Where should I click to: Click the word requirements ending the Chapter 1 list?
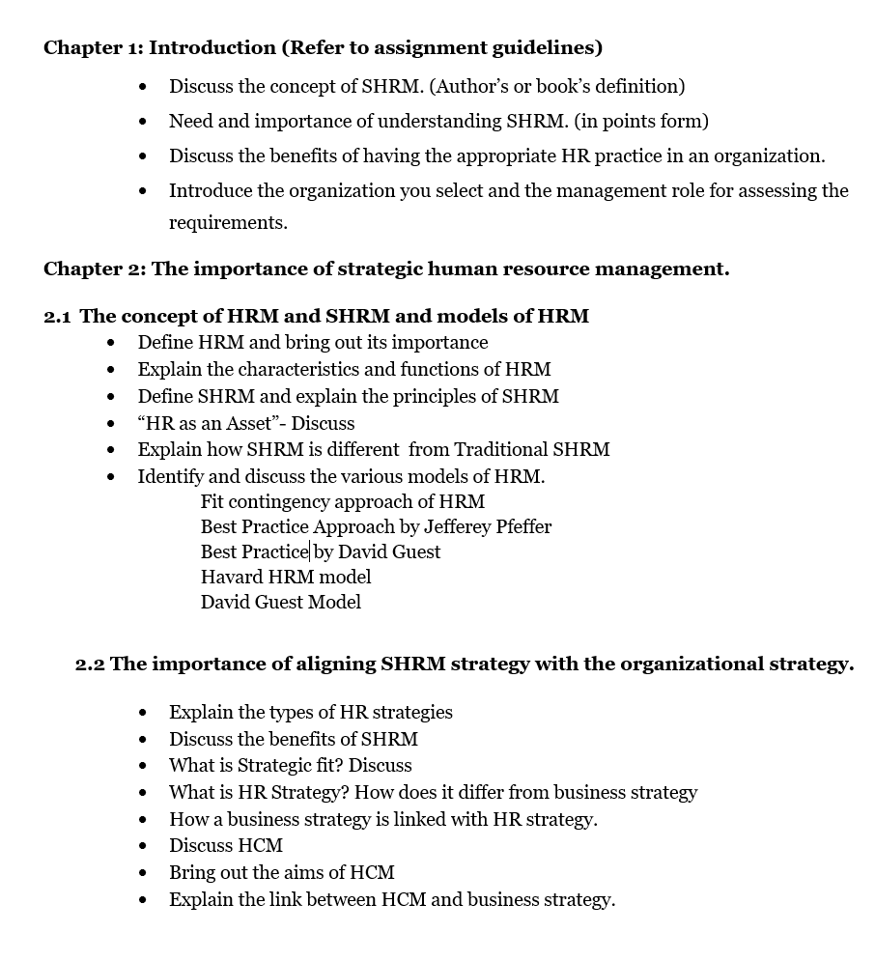click(227, 222)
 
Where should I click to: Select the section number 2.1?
click(57, 316)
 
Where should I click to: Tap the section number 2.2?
click(90, 664)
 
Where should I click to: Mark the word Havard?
click(232, 577)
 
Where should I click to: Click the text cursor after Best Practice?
click(309, 551)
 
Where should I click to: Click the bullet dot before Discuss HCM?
click(144, 846)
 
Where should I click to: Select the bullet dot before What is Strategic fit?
click(144, 766)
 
